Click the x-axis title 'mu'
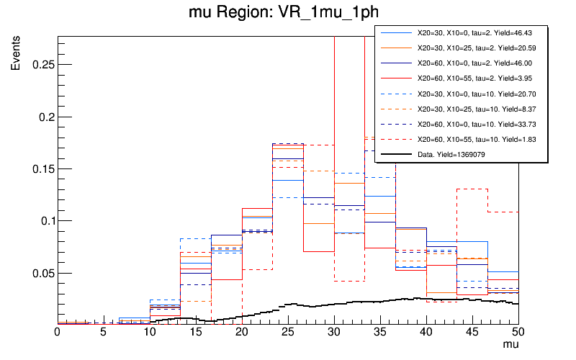pos(510,346)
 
